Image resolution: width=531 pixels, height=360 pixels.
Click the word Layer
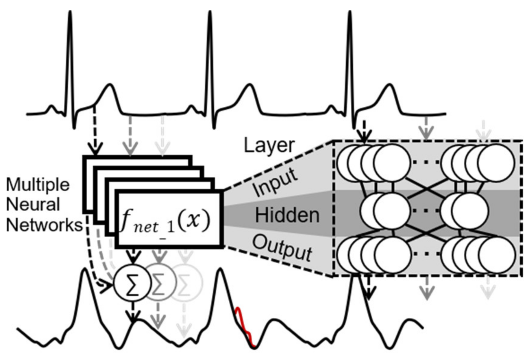click(269, 146)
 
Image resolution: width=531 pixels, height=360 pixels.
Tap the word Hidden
click(287, 215)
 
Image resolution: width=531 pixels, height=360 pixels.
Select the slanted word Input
click(275, 183)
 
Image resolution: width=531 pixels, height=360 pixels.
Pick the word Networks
click(44, 225)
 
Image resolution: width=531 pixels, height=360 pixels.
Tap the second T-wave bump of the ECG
click(249, 86)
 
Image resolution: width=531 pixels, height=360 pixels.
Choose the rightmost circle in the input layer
click(496, 163)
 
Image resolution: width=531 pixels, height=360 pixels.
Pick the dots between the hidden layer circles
click(425, 210)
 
